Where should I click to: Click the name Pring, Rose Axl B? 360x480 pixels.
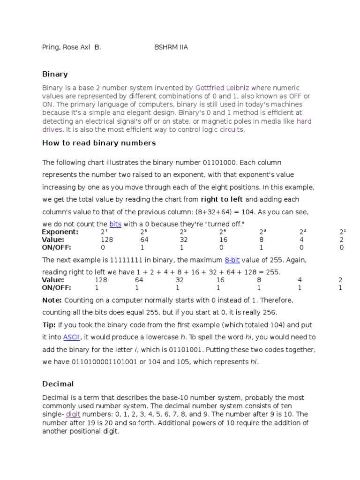[71, 47]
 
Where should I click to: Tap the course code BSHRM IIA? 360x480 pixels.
[171, 47]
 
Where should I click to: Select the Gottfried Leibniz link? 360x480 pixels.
[222, 88]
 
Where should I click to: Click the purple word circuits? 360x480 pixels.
[232, 130]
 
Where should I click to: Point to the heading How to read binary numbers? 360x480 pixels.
[99, 143]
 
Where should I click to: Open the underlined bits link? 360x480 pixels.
[115, 224]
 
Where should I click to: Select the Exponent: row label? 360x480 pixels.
[60, 232]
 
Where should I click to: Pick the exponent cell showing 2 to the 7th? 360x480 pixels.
[103, 232]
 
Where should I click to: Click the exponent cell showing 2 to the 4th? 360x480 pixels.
[223, 232]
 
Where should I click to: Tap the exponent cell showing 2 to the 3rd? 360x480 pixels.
[262, 232]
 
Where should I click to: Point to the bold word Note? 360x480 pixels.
[52, 300]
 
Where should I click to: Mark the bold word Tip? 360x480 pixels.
[49, 325]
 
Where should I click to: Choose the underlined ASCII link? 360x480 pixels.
[72, 337]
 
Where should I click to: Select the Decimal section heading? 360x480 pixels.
[58, 384]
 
